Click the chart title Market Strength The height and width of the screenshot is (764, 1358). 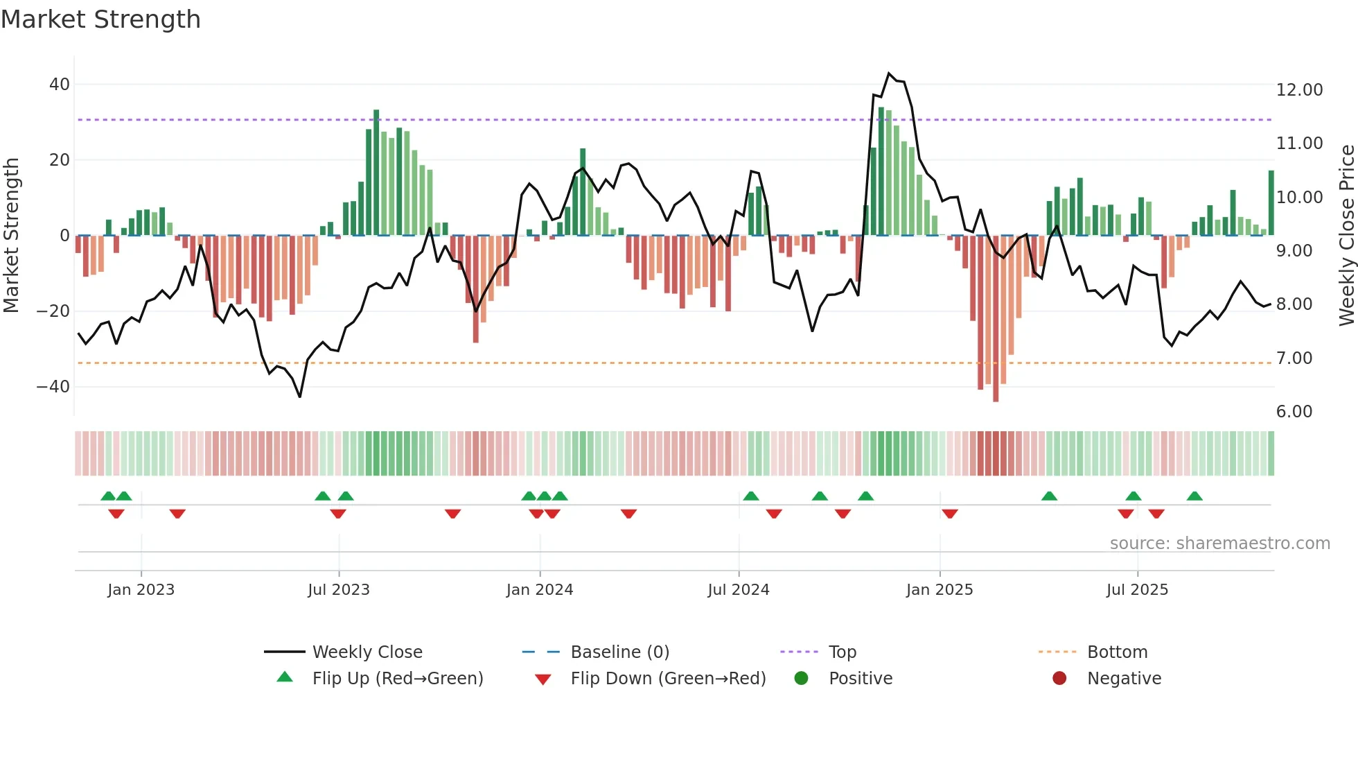100,19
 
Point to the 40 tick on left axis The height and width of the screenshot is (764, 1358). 59,85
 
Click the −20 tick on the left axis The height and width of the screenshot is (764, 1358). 53,311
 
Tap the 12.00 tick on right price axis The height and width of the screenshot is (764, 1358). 1299,90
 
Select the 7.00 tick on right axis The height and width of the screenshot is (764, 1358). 1294,358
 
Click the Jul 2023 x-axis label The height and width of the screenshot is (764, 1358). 339,590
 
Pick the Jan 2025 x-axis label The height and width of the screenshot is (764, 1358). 940,590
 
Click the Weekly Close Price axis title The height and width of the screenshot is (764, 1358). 1346,236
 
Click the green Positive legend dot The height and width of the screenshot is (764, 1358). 802,679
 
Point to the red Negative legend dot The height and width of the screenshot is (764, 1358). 1059,679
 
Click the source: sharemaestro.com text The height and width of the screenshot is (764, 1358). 1219,544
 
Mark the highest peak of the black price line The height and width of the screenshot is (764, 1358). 890,73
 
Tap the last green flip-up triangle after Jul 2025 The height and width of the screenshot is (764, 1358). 1194,496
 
